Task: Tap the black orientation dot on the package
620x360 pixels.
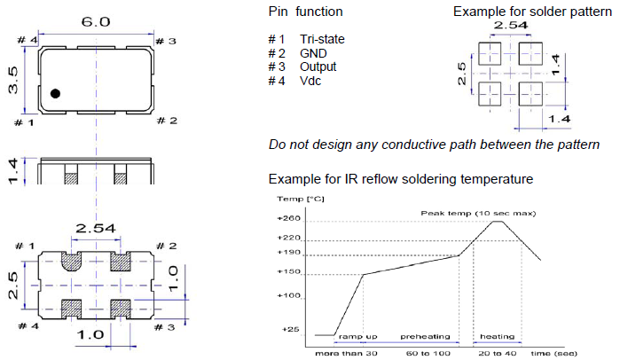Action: click(x=55, y=93)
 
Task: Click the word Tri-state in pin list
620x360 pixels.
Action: click(x=322, y=39)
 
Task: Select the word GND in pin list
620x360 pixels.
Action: click(x=313, y=53)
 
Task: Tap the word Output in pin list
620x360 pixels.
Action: click(x=318, y=67)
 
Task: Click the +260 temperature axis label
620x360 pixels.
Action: click(x=289, y=218)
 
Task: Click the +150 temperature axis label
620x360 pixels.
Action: click(x=289, y=272)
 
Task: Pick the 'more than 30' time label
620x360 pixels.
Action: click(x=347, y=353)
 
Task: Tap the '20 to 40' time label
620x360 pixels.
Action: click(x=498, y=353)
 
